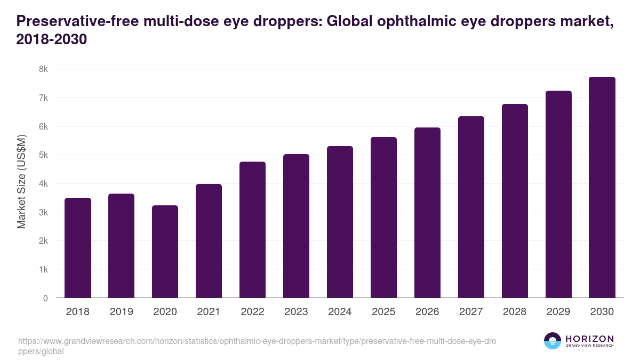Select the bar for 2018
78,248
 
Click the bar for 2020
165,252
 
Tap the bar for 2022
253,230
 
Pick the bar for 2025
384,218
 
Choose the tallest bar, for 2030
602,188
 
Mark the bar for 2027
471,207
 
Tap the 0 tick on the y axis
46,298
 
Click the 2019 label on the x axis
122,312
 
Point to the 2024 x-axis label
340,312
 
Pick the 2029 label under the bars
558,312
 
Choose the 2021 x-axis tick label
209,312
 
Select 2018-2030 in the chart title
52,39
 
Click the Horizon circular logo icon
553,341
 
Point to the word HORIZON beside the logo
590,339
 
